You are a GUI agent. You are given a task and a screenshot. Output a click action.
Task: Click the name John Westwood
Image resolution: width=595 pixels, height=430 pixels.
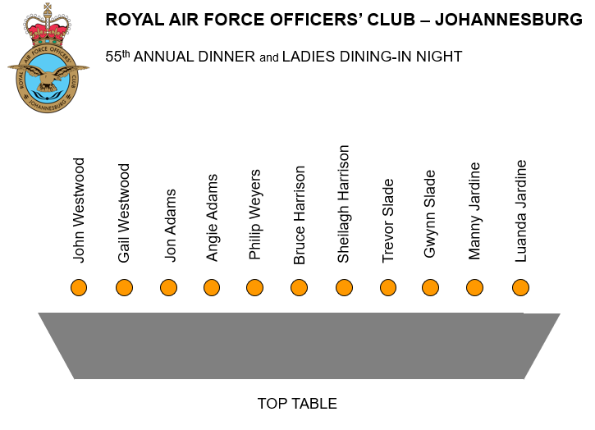pos(79,210)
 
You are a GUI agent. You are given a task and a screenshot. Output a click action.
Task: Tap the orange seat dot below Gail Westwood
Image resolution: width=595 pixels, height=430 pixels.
pos(124,287)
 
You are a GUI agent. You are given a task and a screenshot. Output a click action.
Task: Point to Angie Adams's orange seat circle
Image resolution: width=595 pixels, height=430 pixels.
pos(212,287)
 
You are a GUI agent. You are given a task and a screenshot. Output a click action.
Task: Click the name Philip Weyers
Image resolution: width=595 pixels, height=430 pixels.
pos(254,214)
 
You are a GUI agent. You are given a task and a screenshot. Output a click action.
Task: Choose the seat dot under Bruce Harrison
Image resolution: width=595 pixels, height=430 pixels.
pos(299,287)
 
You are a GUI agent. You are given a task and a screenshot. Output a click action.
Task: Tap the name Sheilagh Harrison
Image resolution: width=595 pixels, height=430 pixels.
pos(343,204)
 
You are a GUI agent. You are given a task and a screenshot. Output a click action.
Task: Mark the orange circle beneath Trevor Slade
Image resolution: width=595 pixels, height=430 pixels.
pos(387,287)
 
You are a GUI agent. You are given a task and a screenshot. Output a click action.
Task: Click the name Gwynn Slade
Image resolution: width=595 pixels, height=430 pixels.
pos(430,213)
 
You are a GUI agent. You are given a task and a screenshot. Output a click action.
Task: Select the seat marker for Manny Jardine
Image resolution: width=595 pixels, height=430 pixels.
pos(474,287)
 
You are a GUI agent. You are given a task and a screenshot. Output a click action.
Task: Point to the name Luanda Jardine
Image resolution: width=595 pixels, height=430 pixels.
pos(520,210)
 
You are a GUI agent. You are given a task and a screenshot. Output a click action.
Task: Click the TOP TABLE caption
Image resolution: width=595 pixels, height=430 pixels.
pos(297,404)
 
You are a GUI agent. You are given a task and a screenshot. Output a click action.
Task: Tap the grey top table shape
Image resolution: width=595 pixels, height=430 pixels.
pos(299,345)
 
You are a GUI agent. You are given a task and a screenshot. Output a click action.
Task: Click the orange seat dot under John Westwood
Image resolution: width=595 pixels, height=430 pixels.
pos(79,287)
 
